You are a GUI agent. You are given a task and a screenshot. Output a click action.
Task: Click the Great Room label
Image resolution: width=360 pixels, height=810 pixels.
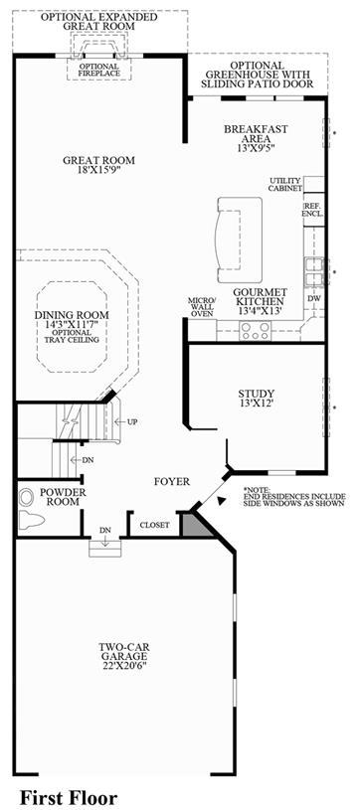(98, 164)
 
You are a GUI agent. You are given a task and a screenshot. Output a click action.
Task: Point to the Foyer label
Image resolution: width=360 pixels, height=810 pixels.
(172, 481)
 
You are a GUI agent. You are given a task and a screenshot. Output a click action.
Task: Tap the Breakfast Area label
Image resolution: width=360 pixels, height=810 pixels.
(256, 137)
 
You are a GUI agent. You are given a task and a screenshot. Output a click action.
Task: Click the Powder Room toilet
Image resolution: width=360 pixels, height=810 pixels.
(32, 518)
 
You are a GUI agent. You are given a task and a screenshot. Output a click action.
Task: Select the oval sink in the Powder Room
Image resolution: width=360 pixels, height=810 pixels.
(25, 499)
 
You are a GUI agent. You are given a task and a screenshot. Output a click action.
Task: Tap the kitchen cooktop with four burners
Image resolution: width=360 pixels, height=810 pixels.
(255, 330)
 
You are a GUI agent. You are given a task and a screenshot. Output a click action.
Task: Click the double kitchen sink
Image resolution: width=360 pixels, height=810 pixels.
(314, 272)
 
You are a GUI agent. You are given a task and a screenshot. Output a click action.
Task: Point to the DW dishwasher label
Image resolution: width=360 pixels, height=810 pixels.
(314, 298)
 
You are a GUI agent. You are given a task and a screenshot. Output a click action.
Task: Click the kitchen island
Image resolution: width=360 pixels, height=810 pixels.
(240, 240)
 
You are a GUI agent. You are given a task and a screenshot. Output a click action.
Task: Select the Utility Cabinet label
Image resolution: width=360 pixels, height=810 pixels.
(285, 185)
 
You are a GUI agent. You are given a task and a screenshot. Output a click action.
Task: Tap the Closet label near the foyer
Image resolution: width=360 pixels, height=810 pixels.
(155, 525)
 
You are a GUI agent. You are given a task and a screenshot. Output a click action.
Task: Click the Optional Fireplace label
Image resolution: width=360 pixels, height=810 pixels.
(99, 70)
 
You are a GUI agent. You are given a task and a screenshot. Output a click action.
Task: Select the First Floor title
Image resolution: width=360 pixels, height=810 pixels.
(69, 798)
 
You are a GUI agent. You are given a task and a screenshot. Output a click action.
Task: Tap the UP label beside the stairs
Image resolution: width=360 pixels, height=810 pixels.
(132, 421)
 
